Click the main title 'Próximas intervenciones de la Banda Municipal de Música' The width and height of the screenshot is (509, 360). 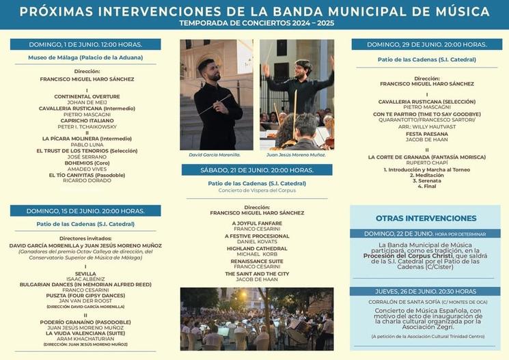point(254,12)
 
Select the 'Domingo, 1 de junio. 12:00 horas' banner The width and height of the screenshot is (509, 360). point(85,44)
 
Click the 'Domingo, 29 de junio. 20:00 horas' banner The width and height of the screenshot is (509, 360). point(426,44)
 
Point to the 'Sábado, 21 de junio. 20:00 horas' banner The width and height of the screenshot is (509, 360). point(257,169)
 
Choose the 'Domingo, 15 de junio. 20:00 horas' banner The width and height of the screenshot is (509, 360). point(85,210)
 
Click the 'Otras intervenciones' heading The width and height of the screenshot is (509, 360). point(426,218)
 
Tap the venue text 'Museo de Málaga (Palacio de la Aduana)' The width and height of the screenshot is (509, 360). point(85,58)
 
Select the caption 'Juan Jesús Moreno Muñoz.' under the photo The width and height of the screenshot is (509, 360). point(297,154)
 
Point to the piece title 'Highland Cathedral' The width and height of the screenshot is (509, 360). point(257,248)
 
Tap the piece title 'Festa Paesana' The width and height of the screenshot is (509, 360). point(426,133)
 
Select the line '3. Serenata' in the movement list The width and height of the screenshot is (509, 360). point(426,180)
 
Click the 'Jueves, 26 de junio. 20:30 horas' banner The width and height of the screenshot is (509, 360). point(425,291)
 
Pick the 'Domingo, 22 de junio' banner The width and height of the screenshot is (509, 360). point(425,233)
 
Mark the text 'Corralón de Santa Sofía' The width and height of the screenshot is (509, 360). point(403,302)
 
